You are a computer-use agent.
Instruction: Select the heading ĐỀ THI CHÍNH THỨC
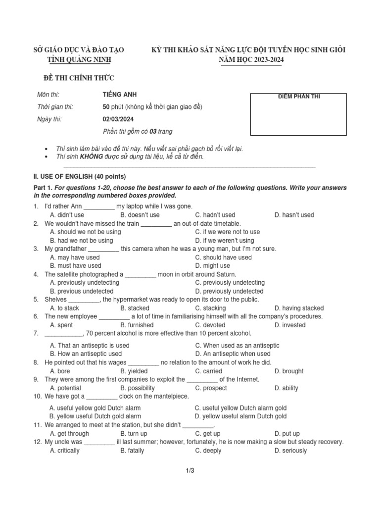79,78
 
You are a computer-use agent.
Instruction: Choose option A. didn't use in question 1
67,215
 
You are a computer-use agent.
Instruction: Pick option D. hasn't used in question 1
294,215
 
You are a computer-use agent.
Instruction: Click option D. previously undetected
229,291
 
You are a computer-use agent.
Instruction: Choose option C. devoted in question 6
208,325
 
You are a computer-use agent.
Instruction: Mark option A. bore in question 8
60,371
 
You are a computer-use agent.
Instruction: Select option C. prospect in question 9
211,388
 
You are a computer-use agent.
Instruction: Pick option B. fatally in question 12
132,451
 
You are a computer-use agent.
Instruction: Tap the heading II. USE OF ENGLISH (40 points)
79,177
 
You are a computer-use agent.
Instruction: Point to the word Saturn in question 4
225,274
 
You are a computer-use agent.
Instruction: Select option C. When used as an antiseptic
237,346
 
